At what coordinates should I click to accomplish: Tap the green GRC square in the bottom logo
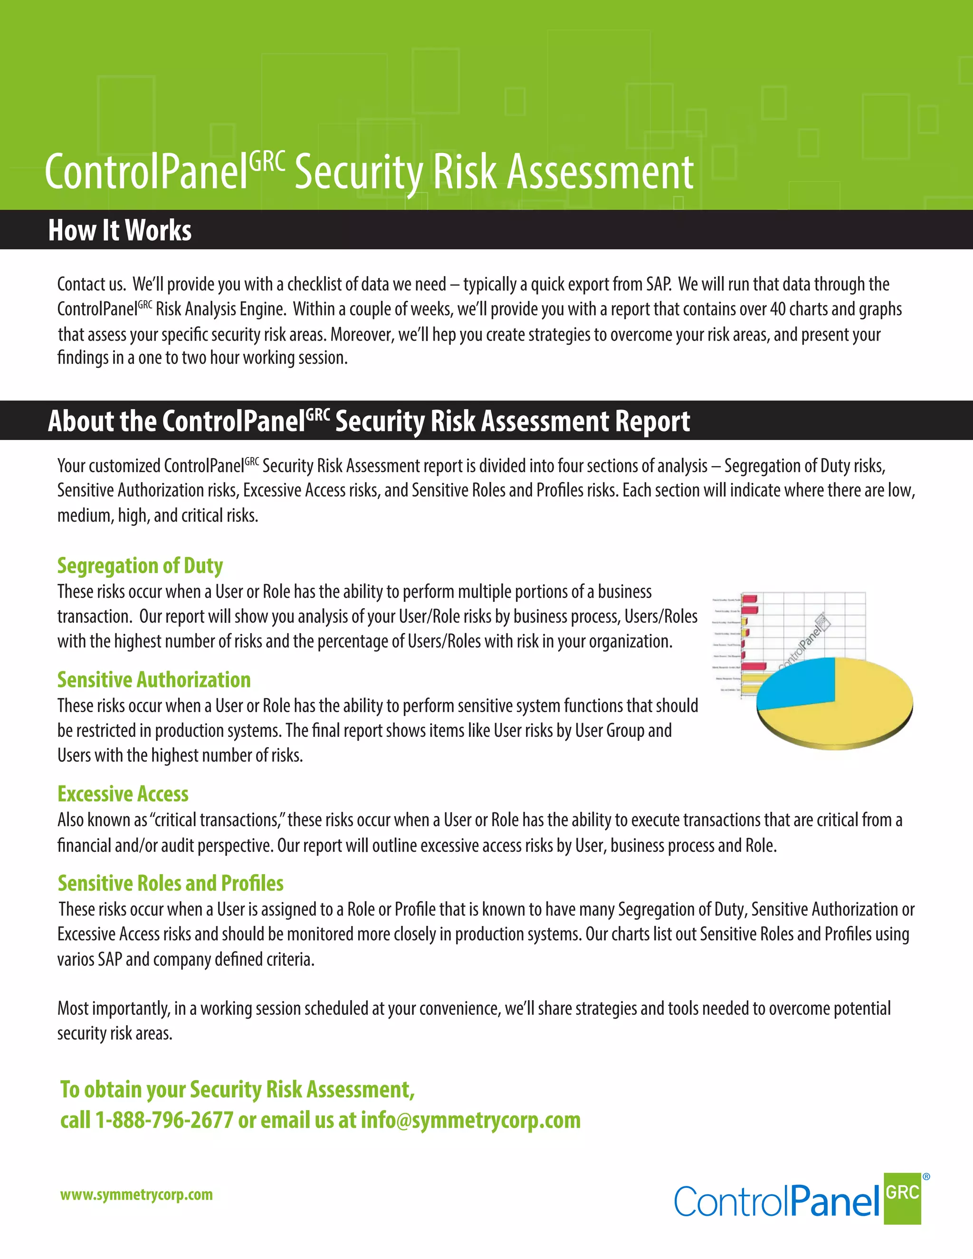[x=902, y=1199]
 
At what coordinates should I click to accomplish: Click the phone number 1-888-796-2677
[x=164, y=1120]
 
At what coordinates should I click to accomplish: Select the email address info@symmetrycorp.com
[x=470, y=1120]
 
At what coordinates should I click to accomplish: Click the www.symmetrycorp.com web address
[x=137, y=1194]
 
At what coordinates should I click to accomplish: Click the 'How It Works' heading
[x=120, y=230]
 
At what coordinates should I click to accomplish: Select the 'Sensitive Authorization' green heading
[x=154, y=680]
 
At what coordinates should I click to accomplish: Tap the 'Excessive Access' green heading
[x=123, y=794]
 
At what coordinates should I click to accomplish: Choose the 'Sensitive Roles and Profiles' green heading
[x=171, y=883]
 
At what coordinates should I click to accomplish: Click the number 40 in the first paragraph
[x=778, y=309]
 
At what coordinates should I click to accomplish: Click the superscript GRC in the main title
[x=267, y=162]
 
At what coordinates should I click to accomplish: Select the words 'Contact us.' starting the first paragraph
[x=91, y=284]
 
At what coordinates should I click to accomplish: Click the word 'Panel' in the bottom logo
[x=835, y=1202]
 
